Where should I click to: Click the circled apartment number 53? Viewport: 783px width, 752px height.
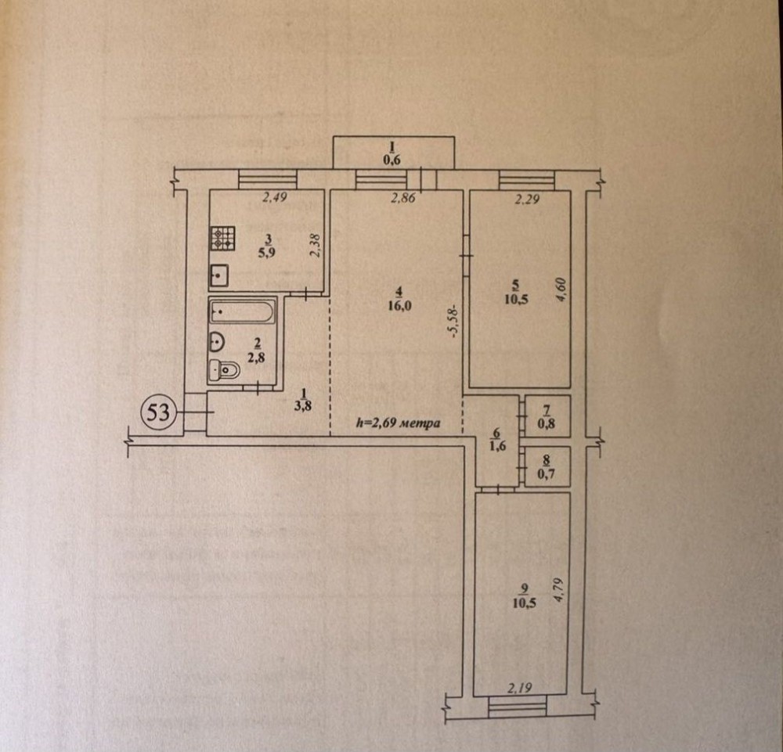[157, 412]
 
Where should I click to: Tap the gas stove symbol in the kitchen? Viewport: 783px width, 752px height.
[222, 238]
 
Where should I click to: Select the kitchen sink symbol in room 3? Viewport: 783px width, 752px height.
[219, 275]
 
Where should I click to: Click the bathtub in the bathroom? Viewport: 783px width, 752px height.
[242, 311]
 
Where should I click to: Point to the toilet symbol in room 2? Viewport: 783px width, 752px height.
[224, 370]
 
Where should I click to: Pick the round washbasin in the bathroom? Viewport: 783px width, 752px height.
[217, 342]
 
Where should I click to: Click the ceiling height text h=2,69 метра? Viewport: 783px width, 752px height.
[398, 423]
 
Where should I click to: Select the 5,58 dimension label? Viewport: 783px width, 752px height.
[455, 322]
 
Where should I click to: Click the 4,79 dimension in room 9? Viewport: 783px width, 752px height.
[558, 591]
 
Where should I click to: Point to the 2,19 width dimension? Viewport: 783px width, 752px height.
[520, 688]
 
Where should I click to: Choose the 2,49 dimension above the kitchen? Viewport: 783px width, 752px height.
[275, 198]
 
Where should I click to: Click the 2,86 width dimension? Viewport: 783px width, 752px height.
[403, 198]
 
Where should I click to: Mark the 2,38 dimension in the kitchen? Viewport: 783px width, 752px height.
[315, 246]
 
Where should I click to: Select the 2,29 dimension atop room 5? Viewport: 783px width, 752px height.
[527, 199]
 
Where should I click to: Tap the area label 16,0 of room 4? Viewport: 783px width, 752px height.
[399, 306]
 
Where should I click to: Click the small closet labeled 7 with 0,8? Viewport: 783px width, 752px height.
[547, 417]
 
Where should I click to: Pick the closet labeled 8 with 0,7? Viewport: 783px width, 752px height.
[547, 467]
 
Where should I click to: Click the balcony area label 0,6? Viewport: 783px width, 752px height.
[392, 160]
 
